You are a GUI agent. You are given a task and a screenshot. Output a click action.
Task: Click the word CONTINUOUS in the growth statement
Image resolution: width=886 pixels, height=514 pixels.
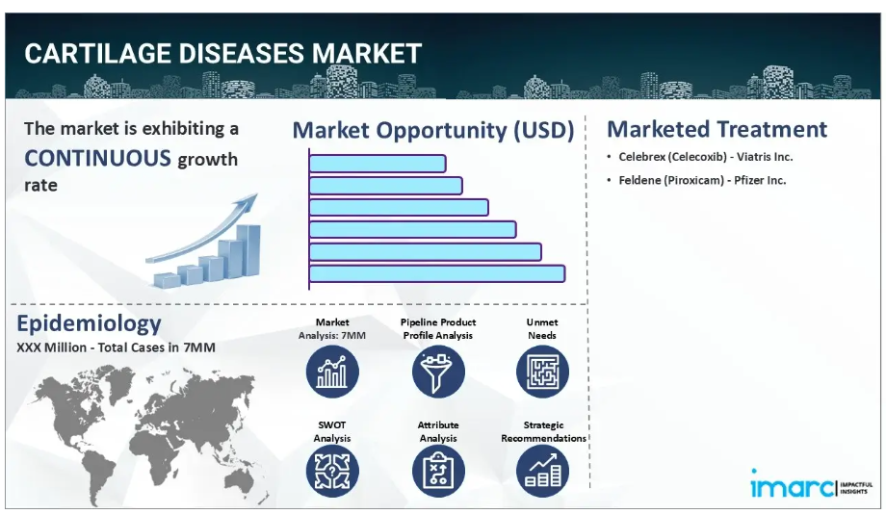pyautogui.click(x=97, y=158)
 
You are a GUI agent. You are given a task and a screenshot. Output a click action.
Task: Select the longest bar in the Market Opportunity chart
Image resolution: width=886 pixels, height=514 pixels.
pyautogui.click(x=437, y=274)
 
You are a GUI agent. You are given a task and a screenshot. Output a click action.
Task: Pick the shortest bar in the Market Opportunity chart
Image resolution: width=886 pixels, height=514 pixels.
pyautogui.click(x=378, y=164)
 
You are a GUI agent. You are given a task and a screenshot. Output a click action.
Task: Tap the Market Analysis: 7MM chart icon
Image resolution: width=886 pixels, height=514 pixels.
pyautogui.click(x=332, y=372)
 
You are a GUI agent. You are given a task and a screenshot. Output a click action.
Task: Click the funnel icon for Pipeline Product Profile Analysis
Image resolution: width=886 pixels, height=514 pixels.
pyautogui.click(x=438, y=372)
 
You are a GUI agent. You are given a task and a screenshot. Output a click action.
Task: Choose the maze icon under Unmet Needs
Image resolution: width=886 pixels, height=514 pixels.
pyautogui.click(x=542, y=372)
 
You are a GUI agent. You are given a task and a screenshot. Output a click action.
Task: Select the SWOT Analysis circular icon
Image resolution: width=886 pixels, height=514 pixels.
pyautogui.click(x=332, y=471)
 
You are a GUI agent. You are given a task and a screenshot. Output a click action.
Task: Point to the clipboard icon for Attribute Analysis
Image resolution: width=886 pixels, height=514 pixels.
pyautogui.click(x=438, y=471)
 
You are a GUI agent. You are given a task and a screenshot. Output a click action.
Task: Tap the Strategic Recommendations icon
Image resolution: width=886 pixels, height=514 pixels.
pyautogui.click(x=542, y=471)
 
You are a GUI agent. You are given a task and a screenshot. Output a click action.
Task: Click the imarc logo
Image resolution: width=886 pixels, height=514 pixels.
pyautogui.click(x=812, y=484)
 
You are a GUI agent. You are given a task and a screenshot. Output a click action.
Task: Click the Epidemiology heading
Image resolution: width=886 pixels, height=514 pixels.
pyautogui.click(x=89, y=324)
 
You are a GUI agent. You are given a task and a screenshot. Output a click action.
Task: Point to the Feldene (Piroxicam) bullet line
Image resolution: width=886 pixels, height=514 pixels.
pyautogui.click(x=696, y=180)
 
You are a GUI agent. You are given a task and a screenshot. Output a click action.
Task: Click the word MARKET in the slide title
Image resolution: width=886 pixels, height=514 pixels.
pyautogui.click(x=367, y=54)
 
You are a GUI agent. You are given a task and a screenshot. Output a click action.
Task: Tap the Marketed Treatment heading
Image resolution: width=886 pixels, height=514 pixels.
pyautogui.click(x=717, y=129)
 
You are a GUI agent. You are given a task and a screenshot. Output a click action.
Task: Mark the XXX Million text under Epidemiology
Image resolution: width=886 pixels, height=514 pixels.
pyautogui.click(x=51, y=347)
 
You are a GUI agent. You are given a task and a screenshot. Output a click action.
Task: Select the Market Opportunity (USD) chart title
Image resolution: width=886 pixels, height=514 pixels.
pyautogui.click(x=433, y=131)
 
